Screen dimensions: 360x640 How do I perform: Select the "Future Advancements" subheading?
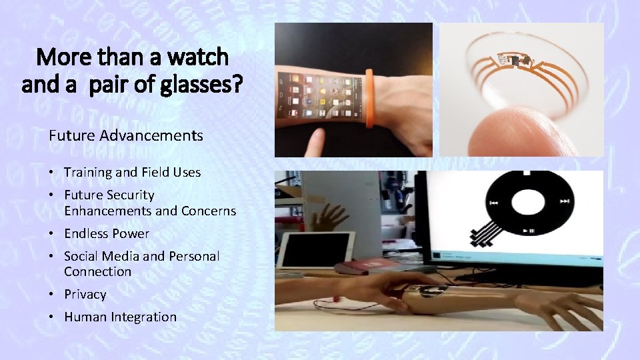point(125,136)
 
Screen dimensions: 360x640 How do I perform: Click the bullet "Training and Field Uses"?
point(132,172)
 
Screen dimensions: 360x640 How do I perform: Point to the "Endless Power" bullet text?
point(107,233)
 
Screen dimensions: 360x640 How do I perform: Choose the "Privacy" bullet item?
point(85,294)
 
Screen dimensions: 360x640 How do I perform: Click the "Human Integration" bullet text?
point(120,317)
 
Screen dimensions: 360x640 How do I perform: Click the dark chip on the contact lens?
point(514,62)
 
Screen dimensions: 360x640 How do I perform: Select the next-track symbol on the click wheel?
point(564,201)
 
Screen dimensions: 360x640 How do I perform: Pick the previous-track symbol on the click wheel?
point(494,202)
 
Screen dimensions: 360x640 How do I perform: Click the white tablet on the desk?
point(314,250)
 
